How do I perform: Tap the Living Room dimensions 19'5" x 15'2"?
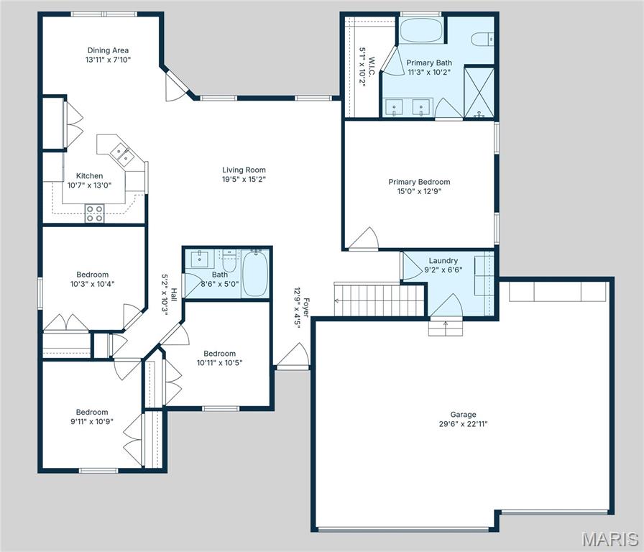[x=244, y=180]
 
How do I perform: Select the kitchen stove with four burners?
[x=94, y=212]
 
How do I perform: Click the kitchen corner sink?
[x=119, y=152]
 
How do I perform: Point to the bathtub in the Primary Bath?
[x=421, y=32]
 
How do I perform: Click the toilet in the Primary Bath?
[x=482, y=39]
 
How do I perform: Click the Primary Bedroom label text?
[x=419, y=182]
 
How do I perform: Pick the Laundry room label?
[x=443, y=260]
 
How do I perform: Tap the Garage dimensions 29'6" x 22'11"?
[x=463, y=424]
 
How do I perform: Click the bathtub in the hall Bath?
[x=255, y=273]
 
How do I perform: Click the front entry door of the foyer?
[x=293, y=356]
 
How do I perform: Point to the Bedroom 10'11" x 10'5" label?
[x=219, y=358]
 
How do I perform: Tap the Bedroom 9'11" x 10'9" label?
[x=92, y=417]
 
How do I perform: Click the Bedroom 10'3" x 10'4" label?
[x=93, y=279]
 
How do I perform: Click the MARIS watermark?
[x=609, y=539]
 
